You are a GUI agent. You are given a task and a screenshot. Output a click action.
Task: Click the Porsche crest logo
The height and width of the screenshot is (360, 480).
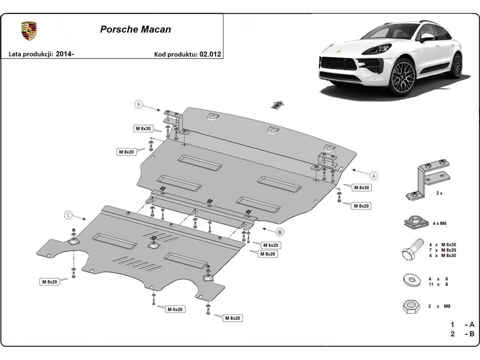click(29, 31)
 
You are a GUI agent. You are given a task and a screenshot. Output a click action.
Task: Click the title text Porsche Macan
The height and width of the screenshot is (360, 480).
click(135, 30)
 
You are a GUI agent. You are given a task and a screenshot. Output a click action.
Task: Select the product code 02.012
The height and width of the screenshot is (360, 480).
click(212, 54)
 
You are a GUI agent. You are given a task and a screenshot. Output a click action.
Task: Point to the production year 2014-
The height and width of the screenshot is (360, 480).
click(65, 54)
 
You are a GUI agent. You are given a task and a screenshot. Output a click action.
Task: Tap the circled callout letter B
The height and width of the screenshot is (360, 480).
click(280, 232)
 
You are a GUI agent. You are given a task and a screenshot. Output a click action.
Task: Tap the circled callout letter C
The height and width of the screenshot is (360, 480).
click(69, 216)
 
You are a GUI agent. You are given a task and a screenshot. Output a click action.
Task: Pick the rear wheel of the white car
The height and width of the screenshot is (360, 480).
click(456, 65)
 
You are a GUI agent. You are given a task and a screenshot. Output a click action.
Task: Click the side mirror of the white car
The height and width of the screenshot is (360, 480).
click(426, 37)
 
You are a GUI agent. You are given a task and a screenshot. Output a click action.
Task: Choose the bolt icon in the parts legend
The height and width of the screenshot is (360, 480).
click(412, 250)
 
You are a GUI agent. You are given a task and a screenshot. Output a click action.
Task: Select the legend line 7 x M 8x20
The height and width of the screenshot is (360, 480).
click(442, 250)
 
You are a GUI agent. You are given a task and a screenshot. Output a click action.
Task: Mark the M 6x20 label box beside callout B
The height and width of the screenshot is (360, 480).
click(270, 245)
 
